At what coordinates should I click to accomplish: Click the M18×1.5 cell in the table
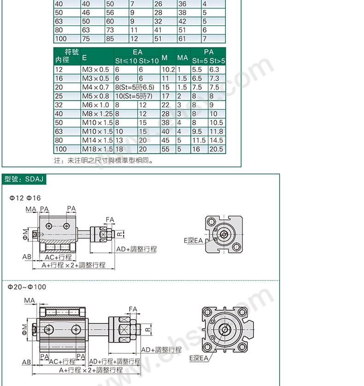tap(97, 149)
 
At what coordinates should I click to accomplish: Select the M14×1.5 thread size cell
tap(97, 140)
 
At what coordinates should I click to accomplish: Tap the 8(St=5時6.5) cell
tap(135, 88)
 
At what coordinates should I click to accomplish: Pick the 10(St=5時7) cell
tap(134, 96)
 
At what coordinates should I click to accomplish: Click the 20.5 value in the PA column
tap(216, 149)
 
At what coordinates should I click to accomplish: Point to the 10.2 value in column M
tap(168, 70)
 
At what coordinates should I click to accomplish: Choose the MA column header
tap(182, 58)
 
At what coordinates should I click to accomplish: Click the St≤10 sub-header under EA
tap(126, 61)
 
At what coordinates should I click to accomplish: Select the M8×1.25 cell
tap(97, 114)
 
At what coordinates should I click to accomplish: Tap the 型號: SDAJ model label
tap(24, 179)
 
